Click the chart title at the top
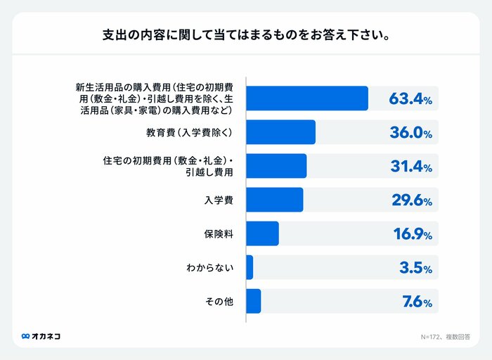click(246, 34)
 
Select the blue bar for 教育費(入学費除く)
click(281, 132)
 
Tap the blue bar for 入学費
click(275, 200)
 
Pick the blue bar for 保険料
click(263, 233)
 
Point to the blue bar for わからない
click(250, 267)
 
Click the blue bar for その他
click(254, 301)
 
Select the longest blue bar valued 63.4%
click(307, 98)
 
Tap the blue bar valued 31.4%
click(276, 166)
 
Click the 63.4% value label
click(410, 99)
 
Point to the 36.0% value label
click(411, 133)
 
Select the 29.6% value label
click(411, 200)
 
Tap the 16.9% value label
click(412, 234)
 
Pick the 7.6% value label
click(417, 302)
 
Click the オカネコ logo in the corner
click(41, 336)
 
